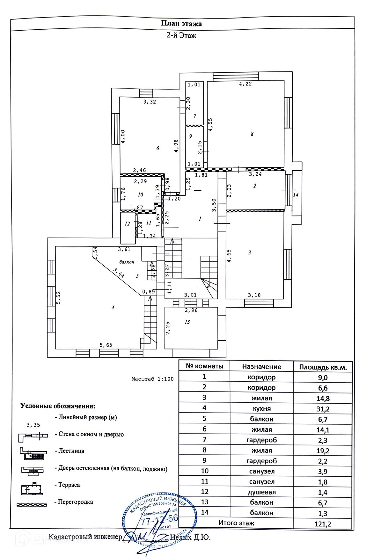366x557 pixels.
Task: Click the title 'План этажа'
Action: click(x=181, y=24)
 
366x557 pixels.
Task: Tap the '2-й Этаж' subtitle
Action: click(x=181, y=35)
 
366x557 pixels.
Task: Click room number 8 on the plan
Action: click(x=252, y=134)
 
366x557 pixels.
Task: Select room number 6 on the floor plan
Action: click(x=157, y=148)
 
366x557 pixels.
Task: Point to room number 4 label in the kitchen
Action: click(x=113, y=307)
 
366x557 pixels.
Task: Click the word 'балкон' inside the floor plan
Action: click(x=127, y=262)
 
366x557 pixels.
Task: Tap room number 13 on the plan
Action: click(x=187, y=322)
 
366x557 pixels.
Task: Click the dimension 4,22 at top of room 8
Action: click(x=245, y=84)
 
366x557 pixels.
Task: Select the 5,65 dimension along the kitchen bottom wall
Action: click(x=106, y=345)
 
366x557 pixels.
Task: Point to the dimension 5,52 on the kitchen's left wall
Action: click(x=58, y=298)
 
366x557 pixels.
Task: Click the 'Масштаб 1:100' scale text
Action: click(x=152, y=379)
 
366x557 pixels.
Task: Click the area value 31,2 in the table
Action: click(x=323, y=409)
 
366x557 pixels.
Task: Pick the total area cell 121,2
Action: click(x=323, y=524)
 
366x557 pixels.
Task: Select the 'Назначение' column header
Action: click(x=261, y=367)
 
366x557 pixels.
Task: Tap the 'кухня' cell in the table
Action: click(x=261, y=409)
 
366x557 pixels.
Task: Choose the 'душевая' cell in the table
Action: click(x=261, y=492)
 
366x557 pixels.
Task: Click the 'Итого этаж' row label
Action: click(x=236, y=523)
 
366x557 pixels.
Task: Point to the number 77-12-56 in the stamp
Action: click(x=159, y=520)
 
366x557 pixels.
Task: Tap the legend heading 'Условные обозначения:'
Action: click(x=58, y=406)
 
